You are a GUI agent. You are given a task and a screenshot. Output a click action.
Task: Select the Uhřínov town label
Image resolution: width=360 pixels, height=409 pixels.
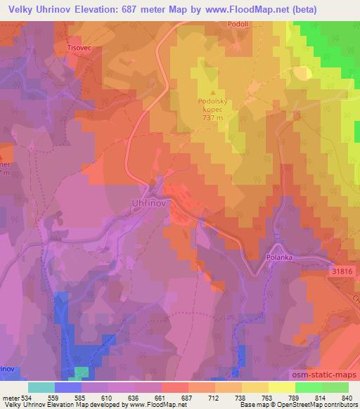click(x=148, y=202)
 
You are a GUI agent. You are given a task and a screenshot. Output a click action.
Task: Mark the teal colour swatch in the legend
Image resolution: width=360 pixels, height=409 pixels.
click(x=41, y=387)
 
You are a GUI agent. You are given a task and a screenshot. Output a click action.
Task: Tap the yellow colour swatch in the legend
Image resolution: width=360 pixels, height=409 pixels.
click(x=281, y=387)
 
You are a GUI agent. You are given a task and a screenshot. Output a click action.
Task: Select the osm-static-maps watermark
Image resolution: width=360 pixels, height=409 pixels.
click(x=330, y=376)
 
